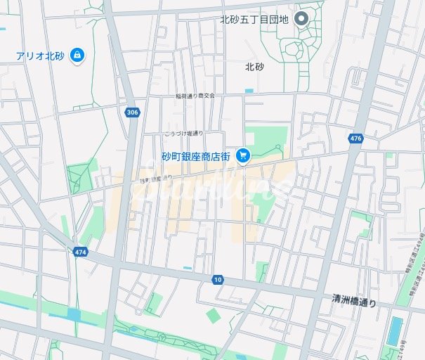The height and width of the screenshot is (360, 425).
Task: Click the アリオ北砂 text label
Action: tap(41, 56)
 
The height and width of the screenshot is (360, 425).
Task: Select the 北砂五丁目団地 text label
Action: tap(254, 18)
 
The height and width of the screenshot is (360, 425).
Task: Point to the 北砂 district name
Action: tap(254, 67)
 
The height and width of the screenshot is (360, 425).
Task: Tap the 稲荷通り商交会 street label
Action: tap(195, 96)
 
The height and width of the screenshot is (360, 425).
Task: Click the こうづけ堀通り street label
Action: tap(183, 133)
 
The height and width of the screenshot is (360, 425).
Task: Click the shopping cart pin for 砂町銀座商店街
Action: tap(243, 155)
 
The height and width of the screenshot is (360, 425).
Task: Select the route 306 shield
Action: tap(132, 112)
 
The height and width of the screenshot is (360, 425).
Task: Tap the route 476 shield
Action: tap(355, 139)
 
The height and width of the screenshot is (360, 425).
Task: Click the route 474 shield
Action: tap(79, 251)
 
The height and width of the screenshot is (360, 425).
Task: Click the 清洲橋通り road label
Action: tap(354, 300)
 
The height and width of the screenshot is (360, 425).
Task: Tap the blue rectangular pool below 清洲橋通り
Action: tap(395, 331)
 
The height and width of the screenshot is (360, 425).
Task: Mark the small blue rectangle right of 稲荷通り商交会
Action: tap(249, 91)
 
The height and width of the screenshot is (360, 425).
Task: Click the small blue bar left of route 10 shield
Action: tap(187, 268)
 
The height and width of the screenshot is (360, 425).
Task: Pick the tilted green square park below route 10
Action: tap(213, 316)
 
